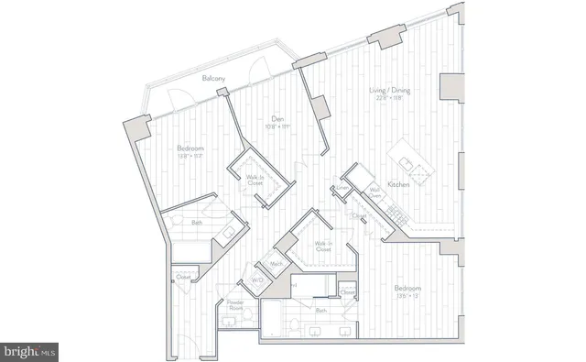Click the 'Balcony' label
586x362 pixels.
click(x=215, y=80)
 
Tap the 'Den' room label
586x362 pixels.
click(x=276, y=117)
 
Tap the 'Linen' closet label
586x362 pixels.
click(x=342, y=188)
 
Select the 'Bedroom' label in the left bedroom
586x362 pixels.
click(x=190, y=148)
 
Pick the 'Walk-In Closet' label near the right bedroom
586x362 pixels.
click(x=323, y=246)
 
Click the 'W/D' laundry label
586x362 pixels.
click(x=256, y=280)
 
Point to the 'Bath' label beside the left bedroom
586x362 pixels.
click(x=197, y=223)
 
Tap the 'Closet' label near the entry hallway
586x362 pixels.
click(x=182, y=276)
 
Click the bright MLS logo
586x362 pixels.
click(x=30, y=351)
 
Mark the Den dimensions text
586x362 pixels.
click(x=276, y=126)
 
